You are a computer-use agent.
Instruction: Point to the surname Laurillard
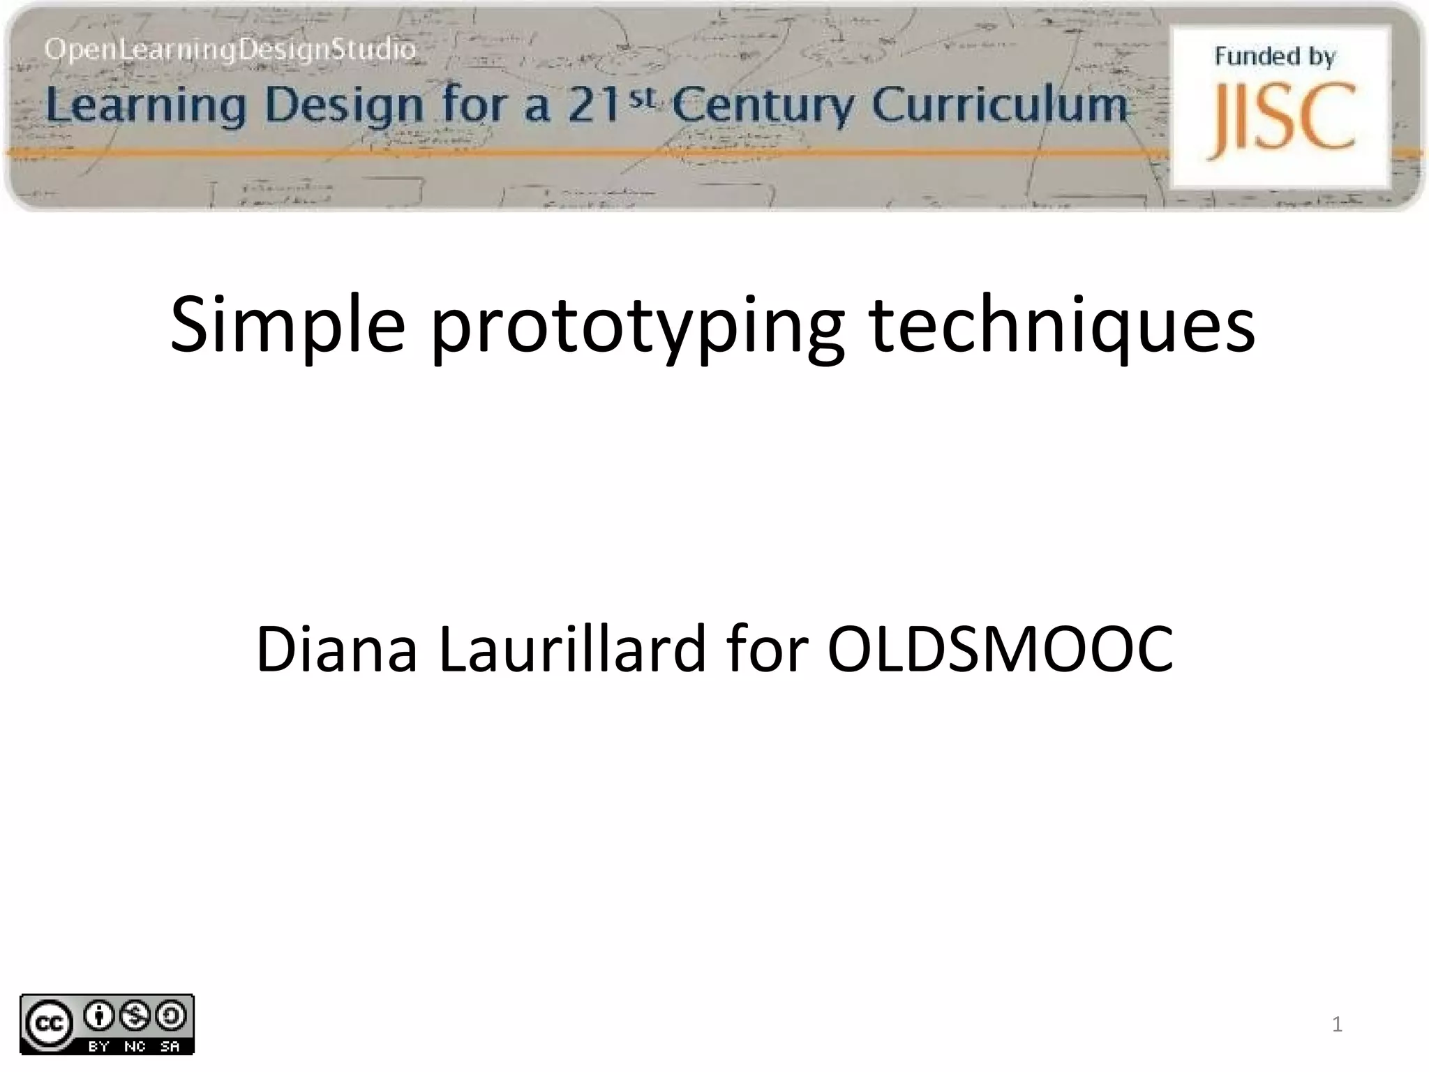572,649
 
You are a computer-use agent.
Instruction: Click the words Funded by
1275,56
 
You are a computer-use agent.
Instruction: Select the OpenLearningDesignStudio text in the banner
230,50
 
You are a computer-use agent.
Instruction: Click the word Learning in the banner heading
146,105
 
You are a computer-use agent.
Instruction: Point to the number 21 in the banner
593,107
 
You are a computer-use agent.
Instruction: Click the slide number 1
1336,1024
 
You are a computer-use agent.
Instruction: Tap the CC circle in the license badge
49,1024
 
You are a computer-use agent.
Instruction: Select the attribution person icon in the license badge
100,1016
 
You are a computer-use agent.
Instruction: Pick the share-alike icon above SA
170,1016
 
